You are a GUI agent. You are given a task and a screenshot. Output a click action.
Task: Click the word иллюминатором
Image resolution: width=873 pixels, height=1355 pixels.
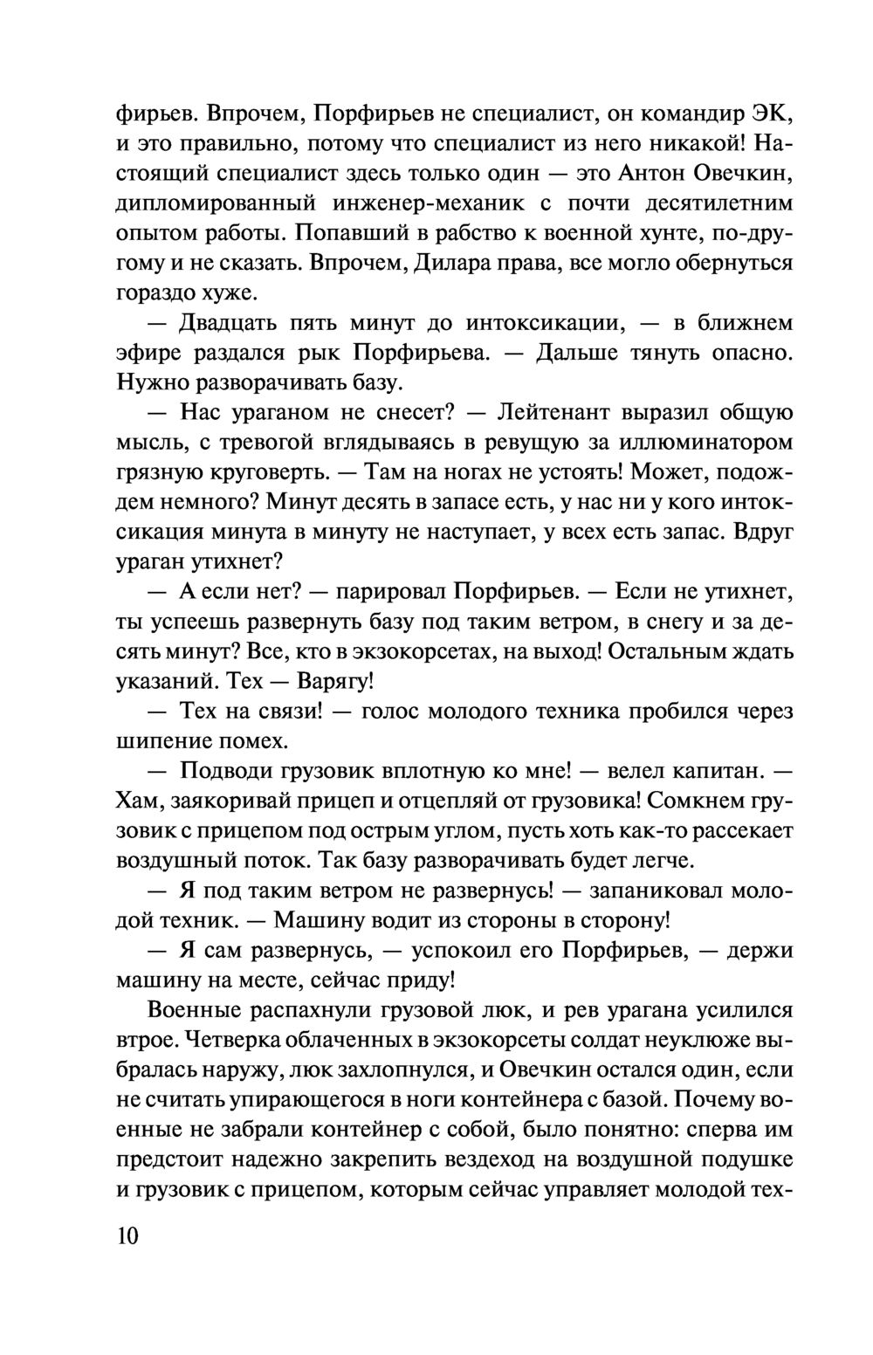700,444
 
